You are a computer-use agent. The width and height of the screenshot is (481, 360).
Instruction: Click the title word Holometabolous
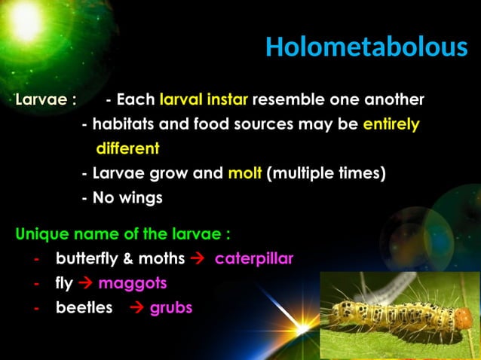(366, 47)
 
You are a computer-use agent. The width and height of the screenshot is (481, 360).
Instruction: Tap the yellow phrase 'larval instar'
(204, 99)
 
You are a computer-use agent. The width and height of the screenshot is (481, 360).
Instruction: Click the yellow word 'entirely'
(391, 124)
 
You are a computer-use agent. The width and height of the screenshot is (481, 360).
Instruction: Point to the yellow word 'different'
(127, 148)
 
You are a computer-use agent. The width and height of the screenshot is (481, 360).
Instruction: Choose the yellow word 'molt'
(244, 173)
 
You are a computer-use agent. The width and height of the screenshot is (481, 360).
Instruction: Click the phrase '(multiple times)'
(326, 173)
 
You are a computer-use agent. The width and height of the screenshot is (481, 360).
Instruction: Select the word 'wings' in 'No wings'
(139, 198)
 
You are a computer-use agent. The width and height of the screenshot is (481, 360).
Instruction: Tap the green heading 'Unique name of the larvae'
(122, 233)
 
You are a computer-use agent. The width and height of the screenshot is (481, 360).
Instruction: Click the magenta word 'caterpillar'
(254, 258)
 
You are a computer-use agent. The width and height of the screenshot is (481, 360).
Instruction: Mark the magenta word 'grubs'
(171, 308)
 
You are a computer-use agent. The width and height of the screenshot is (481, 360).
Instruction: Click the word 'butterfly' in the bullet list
(84, 258)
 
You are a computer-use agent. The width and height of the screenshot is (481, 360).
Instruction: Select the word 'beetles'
(84, 308)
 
